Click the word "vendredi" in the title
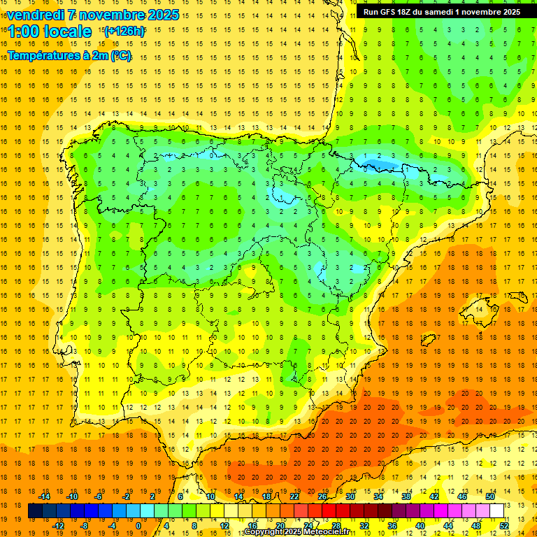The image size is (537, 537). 36,15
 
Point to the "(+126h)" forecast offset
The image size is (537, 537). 124,31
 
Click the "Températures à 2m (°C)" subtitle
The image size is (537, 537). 69,56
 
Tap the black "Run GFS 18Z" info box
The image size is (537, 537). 441,12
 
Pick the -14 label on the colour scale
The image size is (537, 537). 45,496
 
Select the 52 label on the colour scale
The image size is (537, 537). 503,526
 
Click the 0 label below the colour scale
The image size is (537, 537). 138,526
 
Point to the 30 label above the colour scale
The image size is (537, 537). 350,496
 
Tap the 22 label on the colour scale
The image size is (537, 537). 294,496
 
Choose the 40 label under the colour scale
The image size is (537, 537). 420,526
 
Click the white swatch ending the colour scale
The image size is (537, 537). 497,511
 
